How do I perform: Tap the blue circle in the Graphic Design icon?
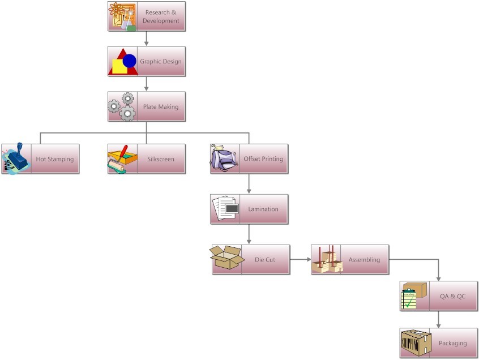pyautogui.click(x=130, y=60)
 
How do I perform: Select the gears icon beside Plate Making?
pyautogui.click(x=122, y=106)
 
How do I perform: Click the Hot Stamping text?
pyautogui.click(x=55, y=159)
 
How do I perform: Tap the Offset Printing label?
pyautogui.click(x=263, y=158)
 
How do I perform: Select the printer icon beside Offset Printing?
pyautogui.click(x=225, y=158)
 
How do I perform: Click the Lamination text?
pyautogui.click(x=263, y=209)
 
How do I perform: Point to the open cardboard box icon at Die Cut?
pyautogui.click(x=226, y=259)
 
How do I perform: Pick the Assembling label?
pyautogui.click(x=365, y=260)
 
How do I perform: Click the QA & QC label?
pyautogui.click(x=452, y=295)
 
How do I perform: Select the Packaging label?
pyautogui.click(x=452, y=343)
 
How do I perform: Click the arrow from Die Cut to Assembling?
pyautogui.click(x=301, y=260)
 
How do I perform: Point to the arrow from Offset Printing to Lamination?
pyautogui.click(x=249, y=184)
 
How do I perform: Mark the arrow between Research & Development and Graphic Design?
pyautogui.click(x=147, y=38)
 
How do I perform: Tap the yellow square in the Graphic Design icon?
pyautogui.click(x=119, y=67)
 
